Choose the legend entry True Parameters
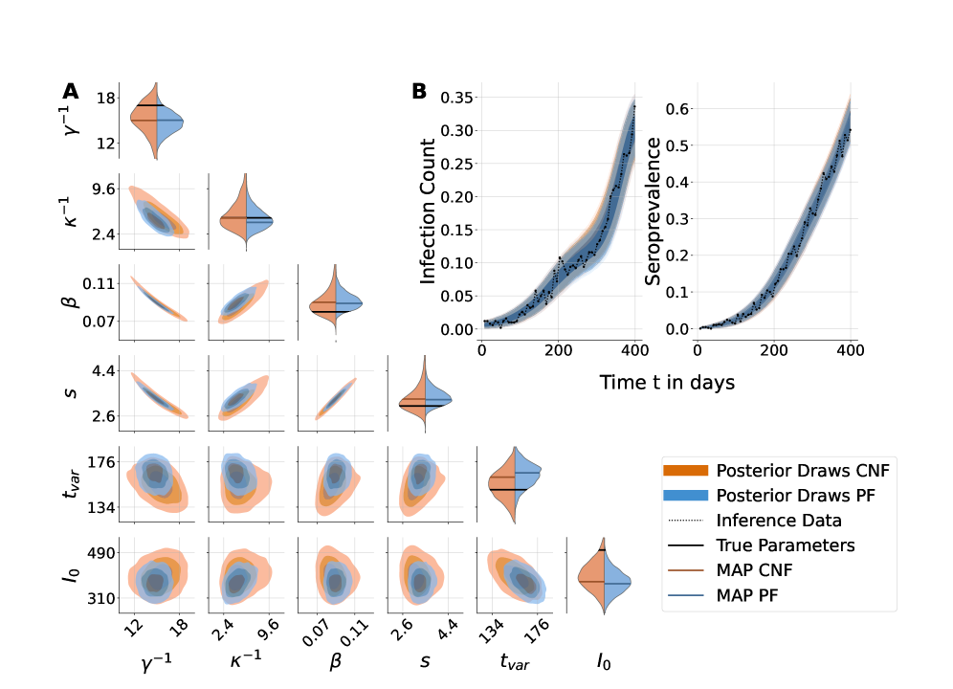[x=786, y=545]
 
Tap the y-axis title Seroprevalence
[x=654, y=211]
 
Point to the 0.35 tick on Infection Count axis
[x=457, y=97]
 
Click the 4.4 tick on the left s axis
[x=102, y=370]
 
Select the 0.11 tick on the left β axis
[x=99, y=283]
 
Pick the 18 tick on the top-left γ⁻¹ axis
[x=106, y=98]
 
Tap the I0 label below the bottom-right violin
[x=604, y=660]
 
